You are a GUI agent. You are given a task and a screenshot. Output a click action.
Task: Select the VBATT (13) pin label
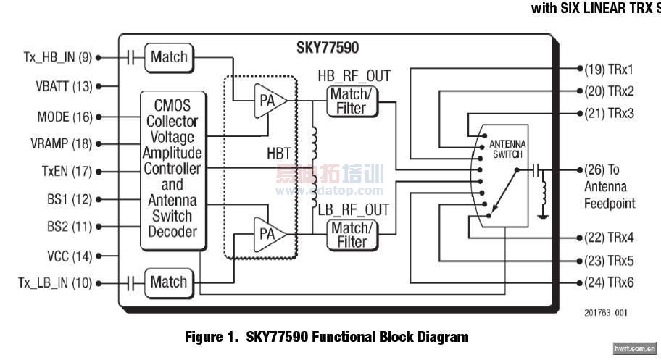click(x=64, y=86)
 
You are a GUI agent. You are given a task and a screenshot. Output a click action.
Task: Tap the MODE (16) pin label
click(x=65, y=117)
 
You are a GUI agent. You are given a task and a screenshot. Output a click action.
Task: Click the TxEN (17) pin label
click(x=66, y=172)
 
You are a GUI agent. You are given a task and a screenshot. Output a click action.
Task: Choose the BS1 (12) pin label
click(x=70, y=199)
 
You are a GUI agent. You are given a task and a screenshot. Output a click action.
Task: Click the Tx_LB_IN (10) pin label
click(x=54, y=283)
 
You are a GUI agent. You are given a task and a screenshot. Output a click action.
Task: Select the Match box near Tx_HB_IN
click(x=168, y=57)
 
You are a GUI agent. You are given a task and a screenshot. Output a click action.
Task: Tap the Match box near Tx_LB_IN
click(x=168, y=282)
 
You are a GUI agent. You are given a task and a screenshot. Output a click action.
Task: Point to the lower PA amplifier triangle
click(x=267, y=233)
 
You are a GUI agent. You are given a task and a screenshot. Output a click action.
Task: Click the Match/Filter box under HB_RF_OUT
click(x=352, y=101)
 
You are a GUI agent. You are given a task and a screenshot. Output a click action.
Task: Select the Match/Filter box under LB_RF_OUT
click(x=352, y=235)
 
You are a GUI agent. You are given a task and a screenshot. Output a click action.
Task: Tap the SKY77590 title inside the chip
click(x=327, y=49)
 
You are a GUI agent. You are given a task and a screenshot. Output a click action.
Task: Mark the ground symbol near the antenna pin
click(x=544, y=214)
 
